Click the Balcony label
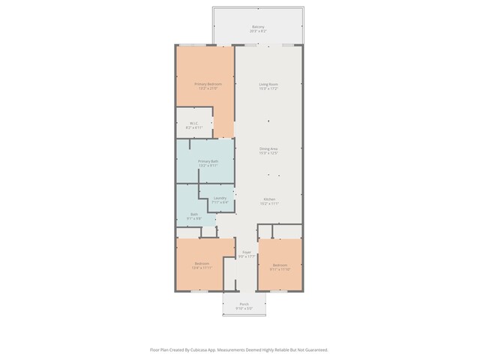(x=257, y=27)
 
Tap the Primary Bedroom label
(x=208, y=84)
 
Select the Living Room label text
(x=268, y=84)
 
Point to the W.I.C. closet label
(x=193, y=124)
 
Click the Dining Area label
(x=268, y=148)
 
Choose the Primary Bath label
(x=208, y=161)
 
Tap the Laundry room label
(x=220, y=198)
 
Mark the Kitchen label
(x=269, y=198)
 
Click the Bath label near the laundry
(x=194, y=214)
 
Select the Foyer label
(x=246, y=252)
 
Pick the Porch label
(x=244, y=304)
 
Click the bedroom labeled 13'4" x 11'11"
(x=201, y=267)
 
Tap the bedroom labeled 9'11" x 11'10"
(x=280, y=268)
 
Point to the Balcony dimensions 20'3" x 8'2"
(x=257, y=31)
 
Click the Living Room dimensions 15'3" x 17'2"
(x=268, y=88)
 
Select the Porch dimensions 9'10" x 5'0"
(x=244, y=308)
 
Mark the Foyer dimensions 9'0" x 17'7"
(x=246, y=256)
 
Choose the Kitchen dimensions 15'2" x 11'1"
(x=269, y=202)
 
